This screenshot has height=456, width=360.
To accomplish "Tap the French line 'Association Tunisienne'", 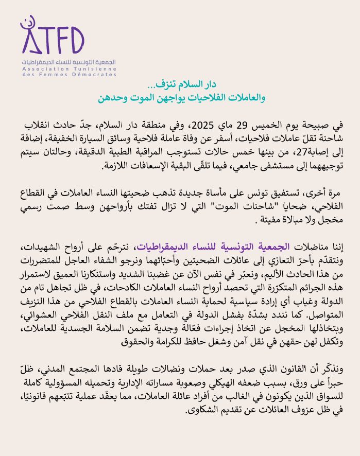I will click(70, 69).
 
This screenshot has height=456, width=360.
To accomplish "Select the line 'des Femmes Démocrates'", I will click(70, 75).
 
